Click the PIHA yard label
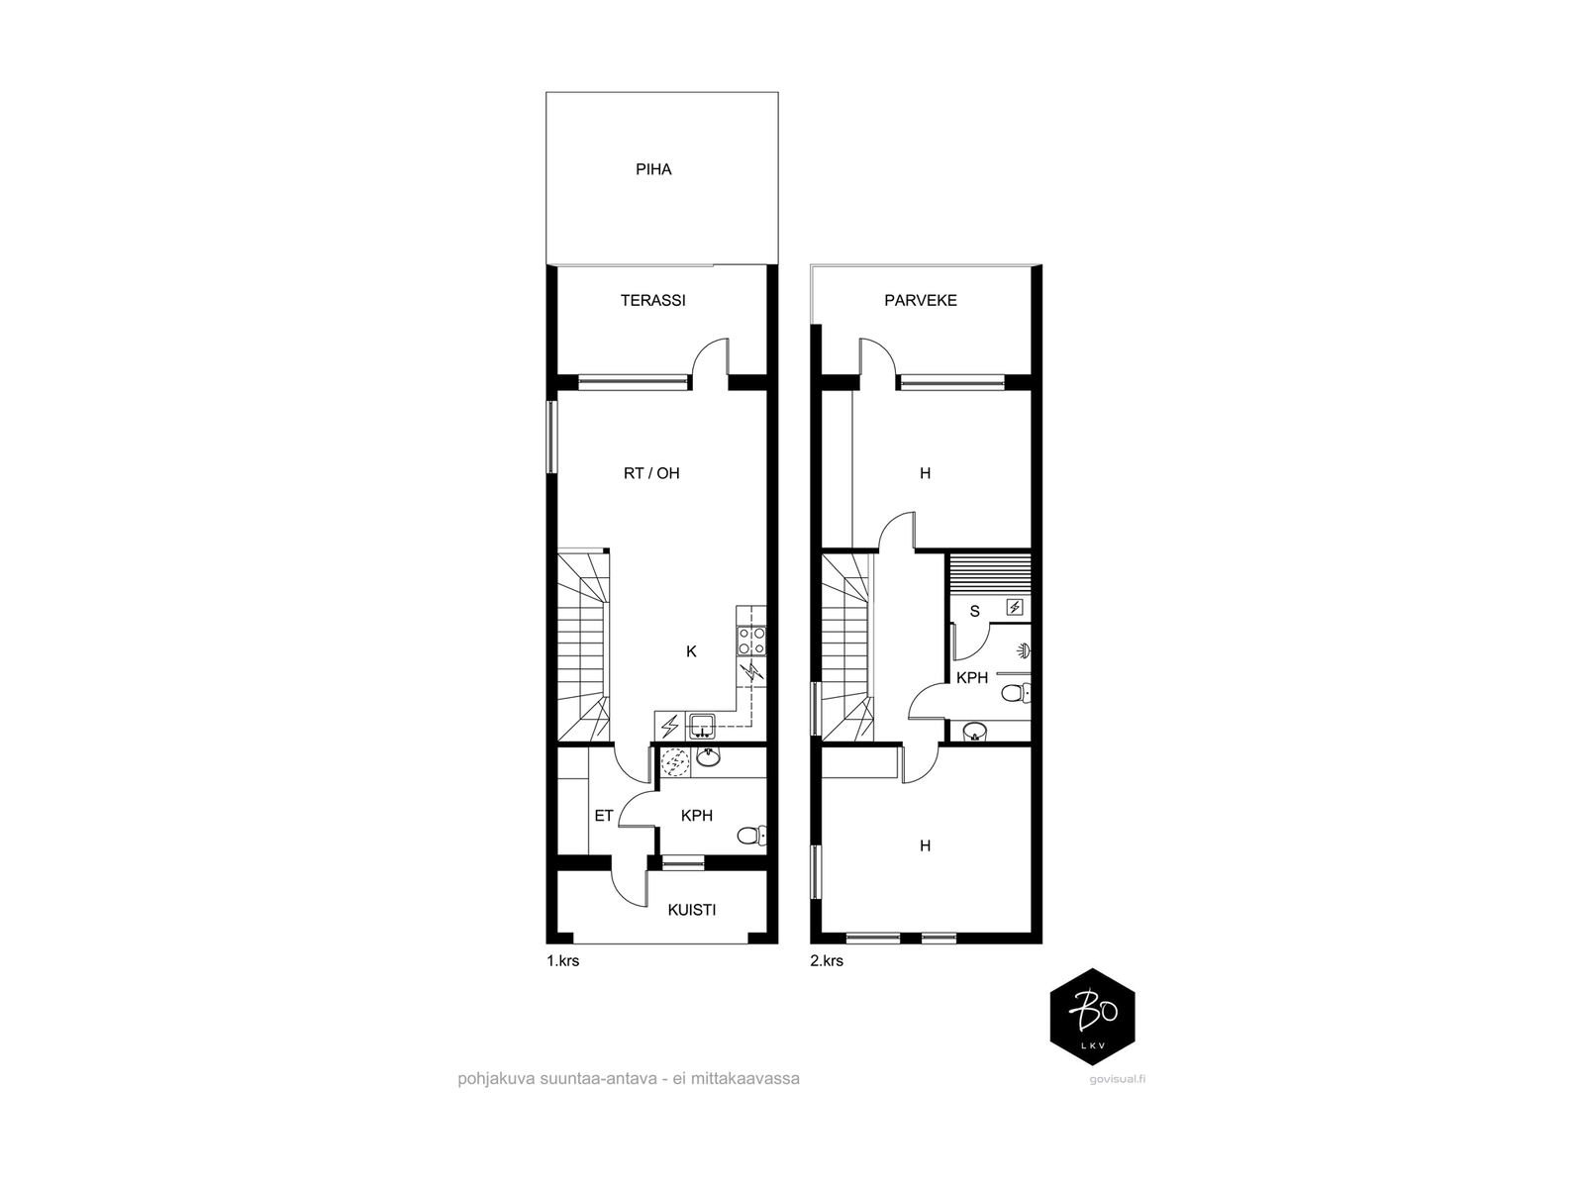coord(653,169)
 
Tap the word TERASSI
coord(652,301)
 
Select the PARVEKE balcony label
coord(920,301)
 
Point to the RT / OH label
coord(650,473)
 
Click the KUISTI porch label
coord(691,910)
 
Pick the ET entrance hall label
coord(603,816)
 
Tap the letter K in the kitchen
coord(691,651)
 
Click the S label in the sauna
coord(974,612)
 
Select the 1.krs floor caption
coord(563,960)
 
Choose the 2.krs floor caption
coord(827,960)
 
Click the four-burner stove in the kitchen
coord(750,641)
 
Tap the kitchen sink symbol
coord(702,726)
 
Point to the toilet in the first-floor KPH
coord(752,836)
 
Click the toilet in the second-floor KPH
coord(1016,694)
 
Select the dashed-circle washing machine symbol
coord(675,762)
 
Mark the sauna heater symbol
coord(1015,607)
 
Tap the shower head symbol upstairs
coord(1023,649)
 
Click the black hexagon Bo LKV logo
coord(1092,1017)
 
